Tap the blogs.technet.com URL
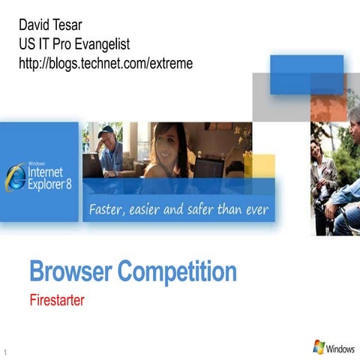coord(106,64)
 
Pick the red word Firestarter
coord(56,302)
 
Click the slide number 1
coord(5,352)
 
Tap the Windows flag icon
coord(319,347)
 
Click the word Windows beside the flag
coord(341,349)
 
